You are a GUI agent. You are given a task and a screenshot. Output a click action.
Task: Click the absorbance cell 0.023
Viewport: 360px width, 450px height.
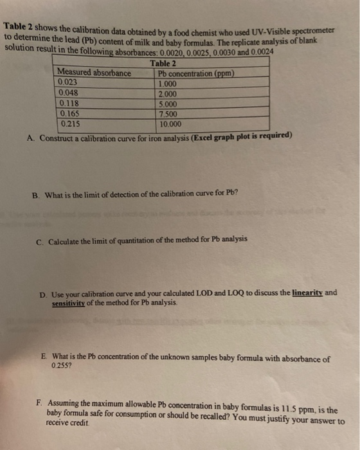67,82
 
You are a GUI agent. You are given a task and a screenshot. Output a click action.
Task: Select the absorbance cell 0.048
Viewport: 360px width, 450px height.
68,91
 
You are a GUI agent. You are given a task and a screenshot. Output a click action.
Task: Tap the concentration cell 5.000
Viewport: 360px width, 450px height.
168,103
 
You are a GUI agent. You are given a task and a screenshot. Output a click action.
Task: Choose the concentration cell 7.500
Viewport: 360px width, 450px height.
168,113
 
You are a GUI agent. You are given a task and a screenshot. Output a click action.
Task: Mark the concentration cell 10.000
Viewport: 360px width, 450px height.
170,123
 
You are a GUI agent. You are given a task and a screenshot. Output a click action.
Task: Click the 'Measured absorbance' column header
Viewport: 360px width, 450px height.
94,73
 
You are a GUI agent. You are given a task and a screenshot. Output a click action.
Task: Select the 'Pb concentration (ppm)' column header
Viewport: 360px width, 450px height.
196,73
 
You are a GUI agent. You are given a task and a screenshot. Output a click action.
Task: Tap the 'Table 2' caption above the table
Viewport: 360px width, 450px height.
163,63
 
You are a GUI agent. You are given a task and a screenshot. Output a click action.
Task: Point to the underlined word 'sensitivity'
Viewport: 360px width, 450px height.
72,301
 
